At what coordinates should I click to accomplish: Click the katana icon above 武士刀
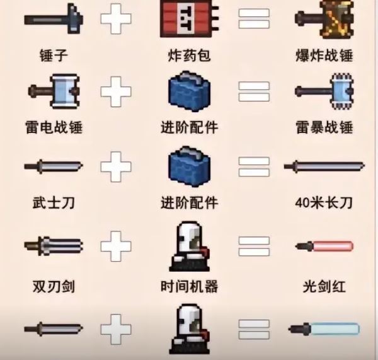(53, 167)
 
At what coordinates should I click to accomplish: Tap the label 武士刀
(54, 203)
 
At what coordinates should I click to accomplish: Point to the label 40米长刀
(323, 203)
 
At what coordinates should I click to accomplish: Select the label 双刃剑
(54, 286)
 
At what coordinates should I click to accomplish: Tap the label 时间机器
(190, 286)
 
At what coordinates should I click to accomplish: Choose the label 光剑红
(323, 286)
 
